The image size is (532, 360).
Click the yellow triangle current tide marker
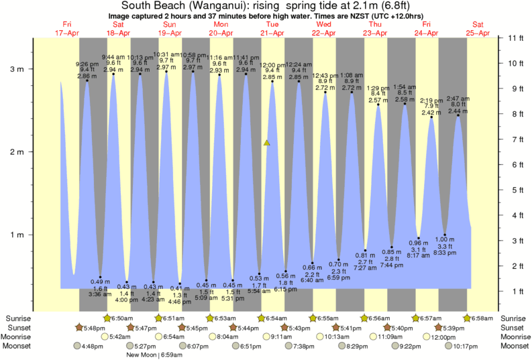267,142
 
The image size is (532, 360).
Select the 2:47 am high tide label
458,99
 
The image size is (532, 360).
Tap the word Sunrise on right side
514,318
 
